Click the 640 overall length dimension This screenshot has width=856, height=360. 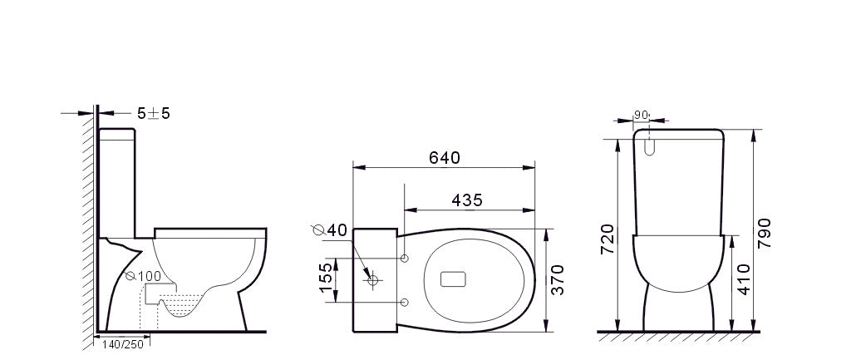[444, 157]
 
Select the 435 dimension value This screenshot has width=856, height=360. [467, 200]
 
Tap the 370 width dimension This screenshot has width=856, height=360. [558, 280]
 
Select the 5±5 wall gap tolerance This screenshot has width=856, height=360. [154, 114]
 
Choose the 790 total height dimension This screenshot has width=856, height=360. [764, 234]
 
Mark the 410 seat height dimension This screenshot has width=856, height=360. [743, 280]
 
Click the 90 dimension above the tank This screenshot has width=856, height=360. [641, 116]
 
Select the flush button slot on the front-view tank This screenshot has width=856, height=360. [650, 147]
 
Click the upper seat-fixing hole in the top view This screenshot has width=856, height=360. [405, 259]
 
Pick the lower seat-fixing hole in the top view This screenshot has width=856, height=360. [405, 301]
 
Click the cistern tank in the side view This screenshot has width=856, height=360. [117, 179]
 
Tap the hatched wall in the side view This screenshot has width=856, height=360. [89, 224]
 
